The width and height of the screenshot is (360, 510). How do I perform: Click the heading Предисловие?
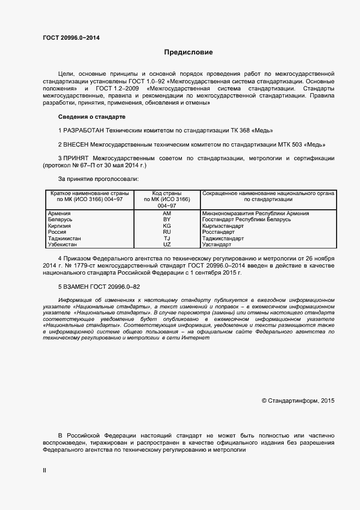pyautogui.click(x=188, y=53)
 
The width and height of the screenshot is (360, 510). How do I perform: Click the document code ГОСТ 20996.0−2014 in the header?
pyautogui.click(x=71, y=38)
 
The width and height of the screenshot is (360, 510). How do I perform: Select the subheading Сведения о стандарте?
pyautogui.click(x=91, y=117)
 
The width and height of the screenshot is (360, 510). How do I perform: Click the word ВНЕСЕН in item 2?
pyautogui.click(x=76, y=144)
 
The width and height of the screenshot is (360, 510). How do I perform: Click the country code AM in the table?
pyautogui.click(x=167, y=214)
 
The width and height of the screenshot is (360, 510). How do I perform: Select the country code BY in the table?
pyautogui.click(x=167, y=220)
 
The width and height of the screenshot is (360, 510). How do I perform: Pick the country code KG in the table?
pyautogui.click(x=167, y=226)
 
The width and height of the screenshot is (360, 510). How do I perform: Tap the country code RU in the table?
pyautogui.click(x=167, y=232)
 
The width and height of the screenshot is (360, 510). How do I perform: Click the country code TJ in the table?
pyautogui.click(x=167, y=239)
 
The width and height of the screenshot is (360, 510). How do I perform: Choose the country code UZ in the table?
pyautogui.click(x=167, y=245)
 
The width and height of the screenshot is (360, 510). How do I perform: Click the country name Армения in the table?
pyautogui.click(x=59, y=214)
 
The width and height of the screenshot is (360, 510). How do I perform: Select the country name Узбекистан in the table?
pyautogui.click(x=64, y=245)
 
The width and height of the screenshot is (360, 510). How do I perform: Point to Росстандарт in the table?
pyautogui.click(x=218, y=232)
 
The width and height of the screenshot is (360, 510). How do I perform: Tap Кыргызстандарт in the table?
pyautogui.click(x=223, y=226)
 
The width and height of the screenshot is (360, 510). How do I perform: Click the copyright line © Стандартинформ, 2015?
pyautogui.click(x=298, y=400)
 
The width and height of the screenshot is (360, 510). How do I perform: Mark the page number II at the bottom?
pyautogui.click(x=45, y=470)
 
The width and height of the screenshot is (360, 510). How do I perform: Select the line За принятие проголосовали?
pyautogui.click(x=98, y=178)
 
